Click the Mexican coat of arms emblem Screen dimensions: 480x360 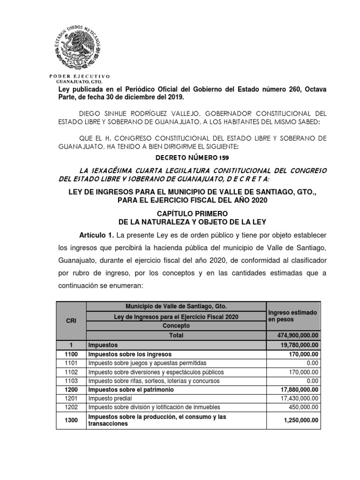point(78,45)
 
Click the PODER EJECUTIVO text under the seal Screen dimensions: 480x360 point(79,76)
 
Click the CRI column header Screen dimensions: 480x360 point(70,321)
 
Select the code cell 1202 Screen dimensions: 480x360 point(70,407)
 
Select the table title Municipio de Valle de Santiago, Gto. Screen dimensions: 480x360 point(176,307)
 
